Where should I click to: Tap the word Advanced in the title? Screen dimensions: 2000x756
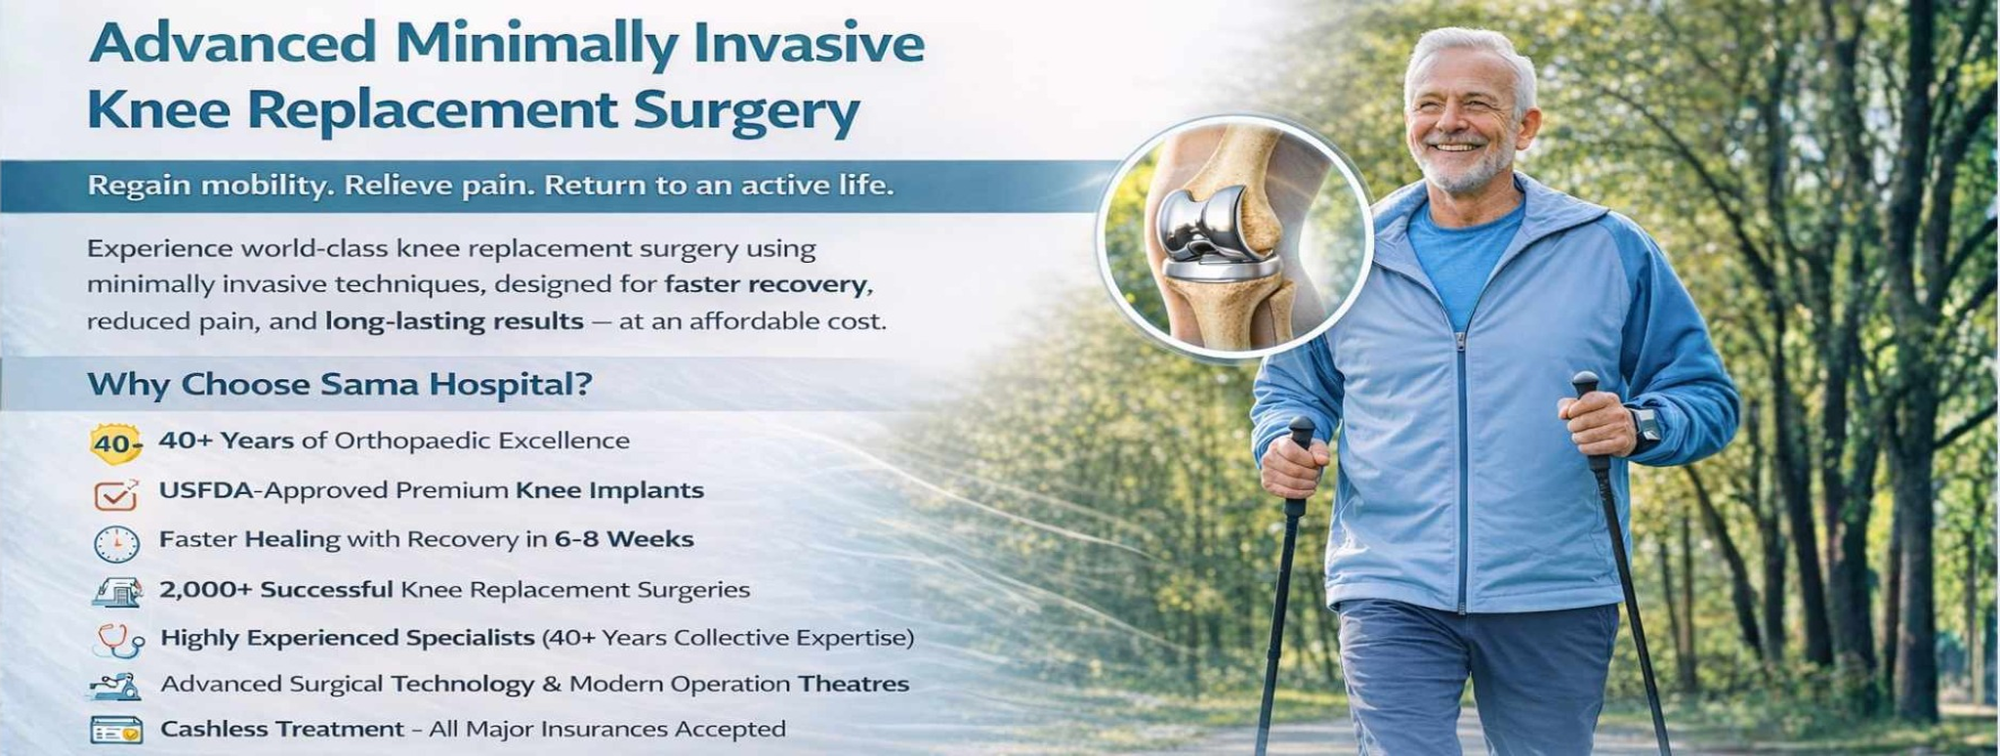(232, 43)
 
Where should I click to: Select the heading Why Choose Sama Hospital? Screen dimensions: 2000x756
(340, 384)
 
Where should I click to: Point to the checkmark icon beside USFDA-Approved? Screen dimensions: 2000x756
(116, 494)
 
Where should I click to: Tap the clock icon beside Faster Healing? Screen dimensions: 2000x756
(116, 543)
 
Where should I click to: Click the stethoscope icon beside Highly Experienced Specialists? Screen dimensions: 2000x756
(119, 641)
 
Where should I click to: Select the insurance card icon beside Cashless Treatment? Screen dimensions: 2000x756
(116, 730)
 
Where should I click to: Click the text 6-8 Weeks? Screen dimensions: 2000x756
(624, 539)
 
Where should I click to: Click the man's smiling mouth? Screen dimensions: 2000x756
(1456, 147)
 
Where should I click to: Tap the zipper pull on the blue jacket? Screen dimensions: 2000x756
(1461, 341)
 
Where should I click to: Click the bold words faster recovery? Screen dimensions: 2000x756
(766, 285)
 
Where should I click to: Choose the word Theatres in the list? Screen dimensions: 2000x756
(854, 684)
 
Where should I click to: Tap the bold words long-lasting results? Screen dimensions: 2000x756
(454, 322)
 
